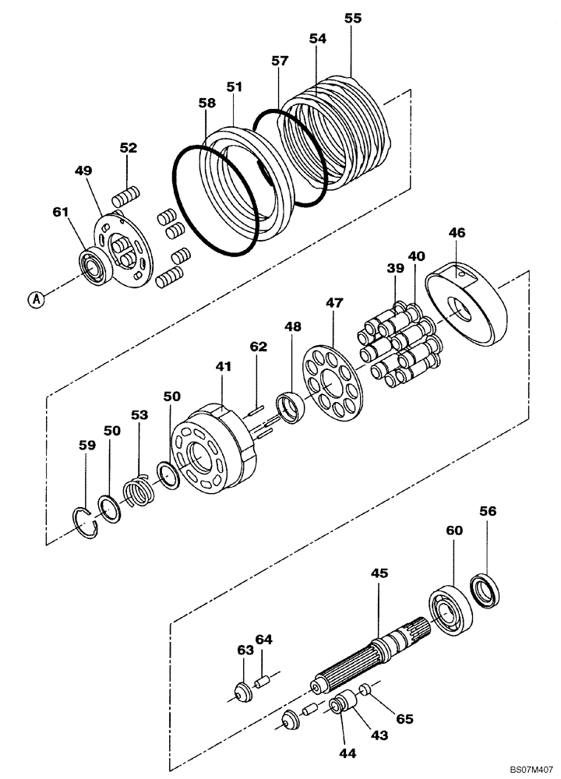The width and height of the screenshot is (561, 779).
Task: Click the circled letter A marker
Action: [x=34, y=297]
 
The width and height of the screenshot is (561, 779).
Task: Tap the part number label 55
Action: [x=353, y=18]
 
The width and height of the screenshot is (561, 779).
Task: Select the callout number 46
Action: [x=457, y=232]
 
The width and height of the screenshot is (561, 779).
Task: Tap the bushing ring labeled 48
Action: [x=291, y=408]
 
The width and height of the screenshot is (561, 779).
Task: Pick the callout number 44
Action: [x=345, y=754]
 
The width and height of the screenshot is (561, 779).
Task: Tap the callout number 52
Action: [x=128, y=147]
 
